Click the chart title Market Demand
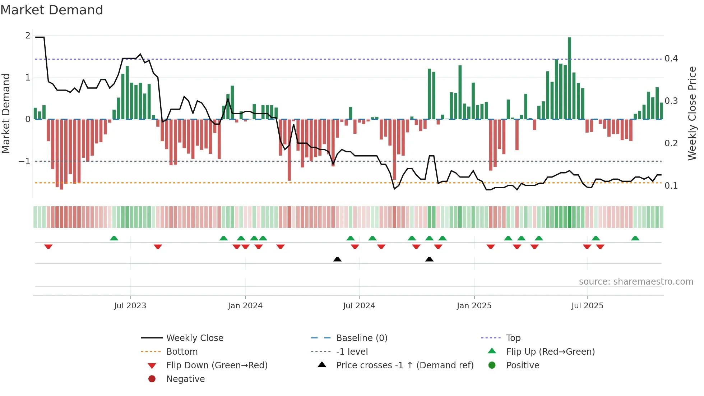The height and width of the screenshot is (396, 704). tap(52, 10)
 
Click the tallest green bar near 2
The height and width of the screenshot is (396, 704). tap(569, 78)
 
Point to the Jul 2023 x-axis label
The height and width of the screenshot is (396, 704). tap(130, 306)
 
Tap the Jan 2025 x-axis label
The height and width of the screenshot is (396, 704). tap(474, 306)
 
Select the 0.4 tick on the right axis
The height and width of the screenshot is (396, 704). tap(671, 59)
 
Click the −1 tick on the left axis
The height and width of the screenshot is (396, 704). tap(25, 161)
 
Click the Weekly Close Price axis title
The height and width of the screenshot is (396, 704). tap(692, 113)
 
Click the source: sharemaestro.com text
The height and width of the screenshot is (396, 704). tap(636, 282)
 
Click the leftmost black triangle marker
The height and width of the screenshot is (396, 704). tap(337, 259)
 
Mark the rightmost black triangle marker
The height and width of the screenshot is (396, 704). tap(429, 259)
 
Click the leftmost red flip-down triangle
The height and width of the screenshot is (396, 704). tap(48, 247)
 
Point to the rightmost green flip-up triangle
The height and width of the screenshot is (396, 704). tap(635, 238)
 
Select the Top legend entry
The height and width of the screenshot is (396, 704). tap(513, 338)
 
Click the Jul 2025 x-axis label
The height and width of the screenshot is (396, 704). tap(587, 306)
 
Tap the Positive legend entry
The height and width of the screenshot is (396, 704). tap(523, 365)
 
